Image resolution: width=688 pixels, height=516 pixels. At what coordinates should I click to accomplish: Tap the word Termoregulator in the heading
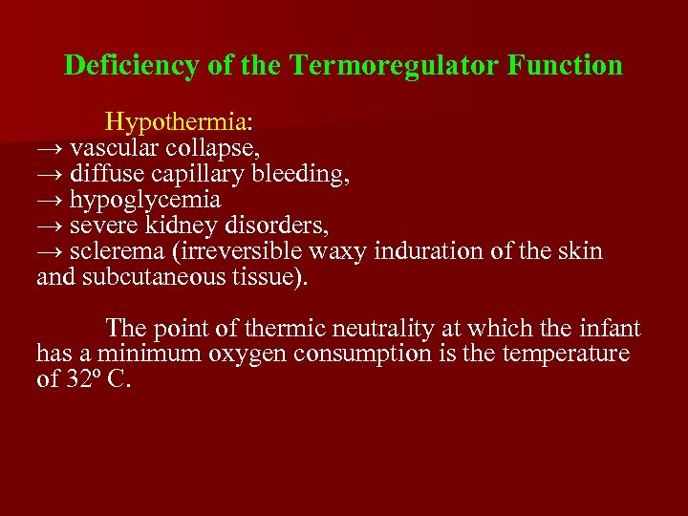click(394, 66)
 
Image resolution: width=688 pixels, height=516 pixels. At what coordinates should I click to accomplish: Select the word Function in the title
click(566, 66)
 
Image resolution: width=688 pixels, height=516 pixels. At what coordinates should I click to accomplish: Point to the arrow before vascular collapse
click(50, 149)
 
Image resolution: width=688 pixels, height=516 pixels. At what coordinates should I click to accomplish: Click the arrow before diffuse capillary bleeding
click(50, 175)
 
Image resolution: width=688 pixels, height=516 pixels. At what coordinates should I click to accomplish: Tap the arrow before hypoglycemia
click(50, 201)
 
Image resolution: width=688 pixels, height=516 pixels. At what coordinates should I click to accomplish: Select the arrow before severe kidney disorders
click(50, 226)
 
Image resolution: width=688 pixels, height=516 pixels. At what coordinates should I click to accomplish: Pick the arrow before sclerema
click(50, 252)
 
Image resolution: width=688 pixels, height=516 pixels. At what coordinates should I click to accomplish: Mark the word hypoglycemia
click(145, 201)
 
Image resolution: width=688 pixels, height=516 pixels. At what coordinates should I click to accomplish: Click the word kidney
click(186, 226)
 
